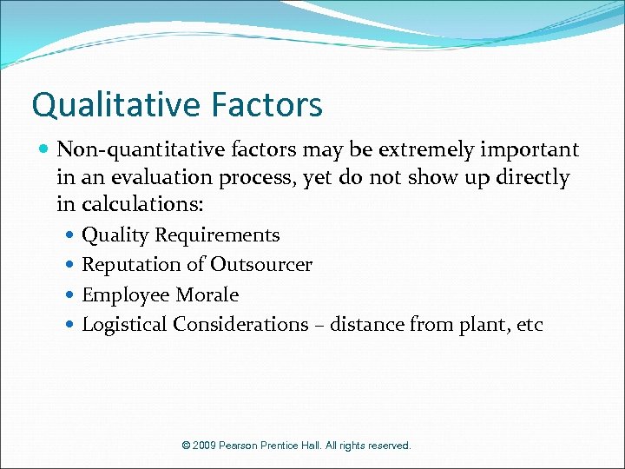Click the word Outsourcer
(x=261, y=265)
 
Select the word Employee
(x=125, y=295)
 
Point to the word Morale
(x=207, y=295)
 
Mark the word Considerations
(x=240, y=325)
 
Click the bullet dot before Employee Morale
(x=70, y=295)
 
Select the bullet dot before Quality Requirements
(x=70, y=235)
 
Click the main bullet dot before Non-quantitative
(x=45, y=150)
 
